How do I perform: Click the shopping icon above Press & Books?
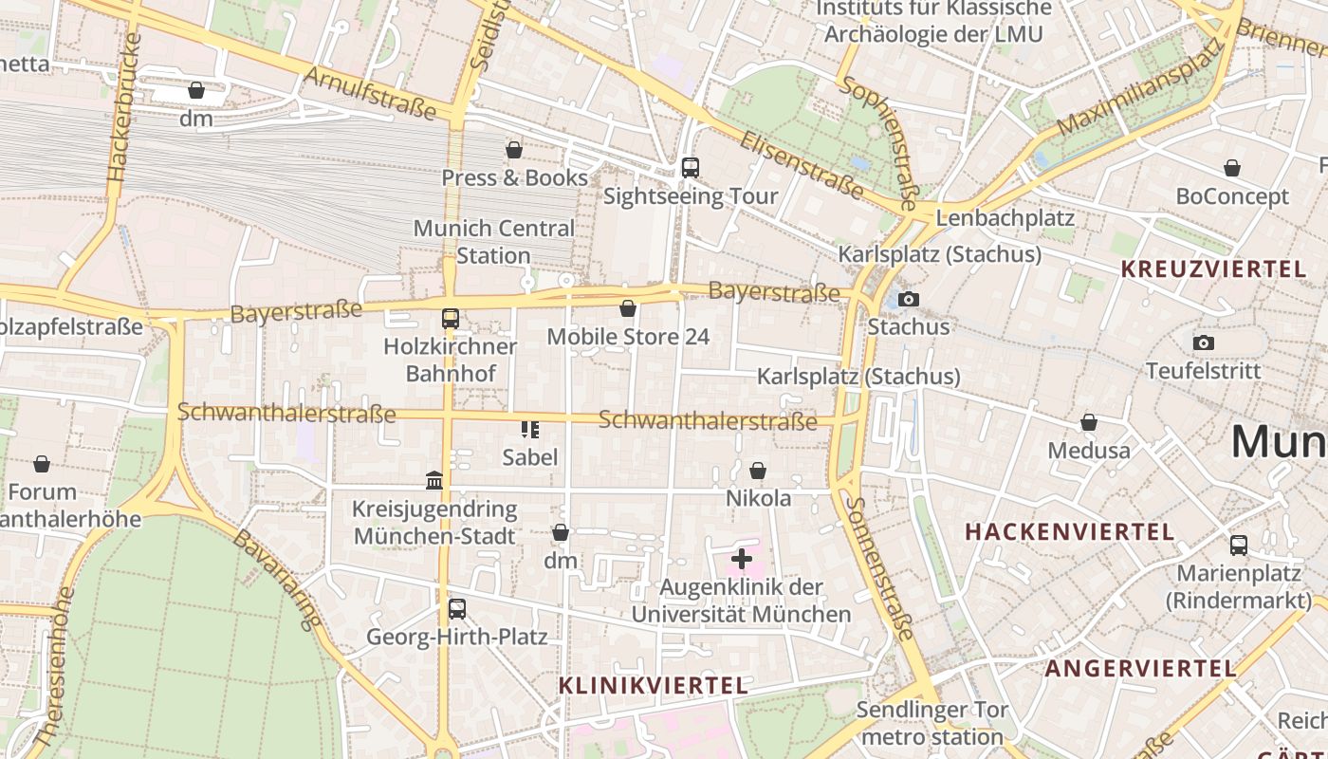[x=514, y=150]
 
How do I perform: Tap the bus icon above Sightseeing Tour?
[x=691, y=168]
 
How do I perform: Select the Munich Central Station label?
[x=493, y=242]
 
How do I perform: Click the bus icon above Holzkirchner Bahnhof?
[x=451, y=319]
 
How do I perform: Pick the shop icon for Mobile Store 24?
[x=627, y=308]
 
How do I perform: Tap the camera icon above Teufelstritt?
[x=1204, y=342]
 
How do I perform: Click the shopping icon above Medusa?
[x=1089, y=422]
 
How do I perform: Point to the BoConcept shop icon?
[x=1232, y=169]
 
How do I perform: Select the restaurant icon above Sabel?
[x=530, y=430]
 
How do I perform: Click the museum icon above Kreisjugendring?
[x=434, y=481]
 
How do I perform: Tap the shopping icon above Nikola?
[x=758, y=471]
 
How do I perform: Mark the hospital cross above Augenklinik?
[x=742, y=559]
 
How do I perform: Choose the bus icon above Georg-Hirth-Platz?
[x=457, y=609]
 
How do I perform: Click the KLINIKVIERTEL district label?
[x=653, y=685]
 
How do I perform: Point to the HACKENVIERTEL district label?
[x=1069, y=531]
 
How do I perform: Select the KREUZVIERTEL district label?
[x=1213, y=268]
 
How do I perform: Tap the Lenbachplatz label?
[x=1005, y=218]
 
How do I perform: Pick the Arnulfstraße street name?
[x=369, y=94]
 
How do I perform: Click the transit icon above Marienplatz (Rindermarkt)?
[x=1239, y=546]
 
